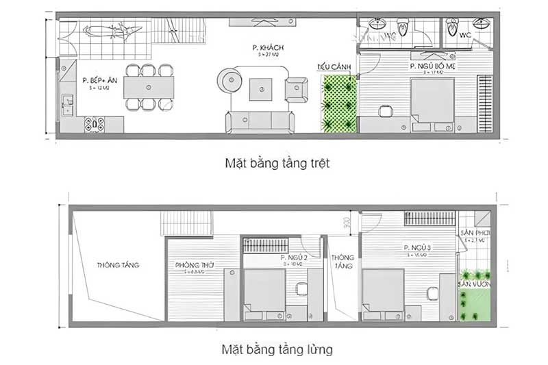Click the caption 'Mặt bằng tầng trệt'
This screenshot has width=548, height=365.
pos(277,164)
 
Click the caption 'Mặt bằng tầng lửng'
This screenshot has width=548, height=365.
pos(277,349)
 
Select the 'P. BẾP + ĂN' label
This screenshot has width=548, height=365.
pos(96,80)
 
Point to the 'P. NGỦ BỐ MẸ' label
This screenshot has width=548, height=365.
pos(432,66)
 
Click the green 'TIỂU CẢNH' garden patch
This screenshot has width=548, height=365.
pos(340,103)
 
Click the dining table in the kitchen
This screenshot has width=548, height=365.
pos(149,87)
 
